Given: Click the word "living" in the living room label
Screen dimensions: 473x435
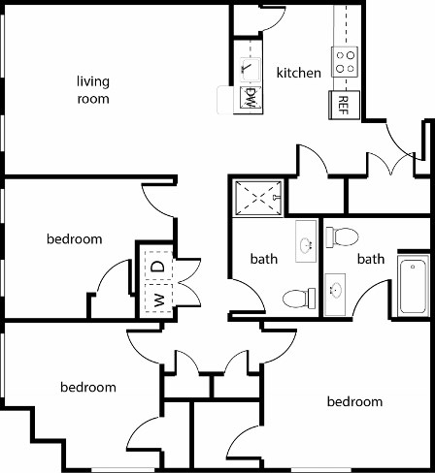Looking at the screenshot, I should (93, 81).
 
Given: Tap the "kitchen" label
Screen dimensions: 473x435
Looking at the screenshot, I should (298, 73).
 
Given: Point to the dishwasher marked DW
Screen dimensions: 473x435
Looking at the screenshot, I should (250, 98).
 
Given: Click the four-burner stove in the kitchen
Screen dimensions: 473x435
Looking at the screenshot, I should (346, 63).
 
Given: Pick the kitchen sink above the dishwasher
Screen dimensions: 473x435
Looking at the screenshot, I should (249, 67).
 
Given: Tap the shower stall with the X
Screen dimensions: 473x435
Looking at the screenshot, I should (257, 198).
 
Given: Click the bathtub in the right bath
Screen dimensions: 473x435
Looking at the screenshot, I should (412, 285).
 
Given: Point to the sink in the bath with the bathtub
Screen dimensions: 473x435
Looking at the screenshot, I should (336, 290).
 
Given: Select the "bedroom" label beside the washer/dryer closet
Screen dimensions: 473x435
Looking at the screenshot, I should (74, 238).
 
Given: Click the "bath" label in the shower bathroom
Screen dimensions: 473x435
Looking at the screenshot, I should (264, 259).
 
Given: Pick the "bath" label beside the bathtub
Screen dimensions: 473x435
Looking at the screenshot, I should (370, 259).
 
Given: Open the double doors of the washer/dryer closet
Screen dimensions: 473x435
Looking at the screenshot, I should (187, 281).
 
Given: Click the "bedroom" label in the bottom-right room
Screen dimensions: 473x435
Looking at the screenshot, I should (354, 401).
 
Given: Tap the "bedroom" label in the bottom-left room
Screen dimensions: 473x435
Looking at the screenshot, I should (88, 387).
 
